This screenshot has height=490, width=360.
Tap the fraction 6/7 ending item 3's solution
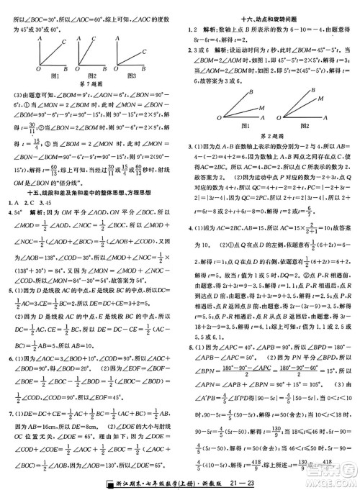310,210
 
